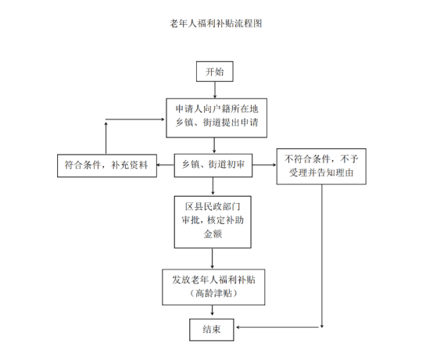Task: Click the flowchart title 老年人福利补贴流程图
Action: click(216, 23)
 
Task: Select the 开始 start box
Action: click(215, 71)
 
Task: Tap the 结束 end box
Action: click(212, 330)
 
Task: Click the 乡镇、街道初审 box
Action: click(213, 166)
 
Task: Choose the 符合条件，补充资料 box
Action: click(107, 166)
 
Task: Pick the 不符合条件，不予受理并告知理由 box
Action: click(321, 166)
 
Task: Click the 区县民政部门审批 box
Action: click(213, 222)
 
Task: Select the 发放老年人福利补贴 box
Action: click(213, 287)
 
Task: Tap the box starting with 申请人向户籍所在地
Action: click(216, 118)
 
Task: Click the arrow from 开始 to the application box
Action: click(215, 90)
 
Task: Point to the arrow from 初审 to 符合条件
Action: click(166, 165)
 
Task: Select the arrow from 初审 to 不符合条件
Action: click(264, 165)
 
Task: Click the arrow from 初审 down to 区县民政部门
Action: click(213, 186)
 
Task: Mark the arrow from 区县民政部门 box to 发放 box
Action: click(212, 258)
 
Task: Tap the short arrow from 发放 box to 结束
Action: click(212, 310)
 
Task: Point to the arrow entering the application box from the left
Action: click(135, 119)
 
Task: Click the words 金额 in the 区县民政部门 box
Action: click(213, 234)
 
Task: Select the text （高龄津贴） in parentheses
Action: click(213, 294)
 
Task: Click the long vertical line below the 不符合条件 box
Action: click(322, 256)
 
